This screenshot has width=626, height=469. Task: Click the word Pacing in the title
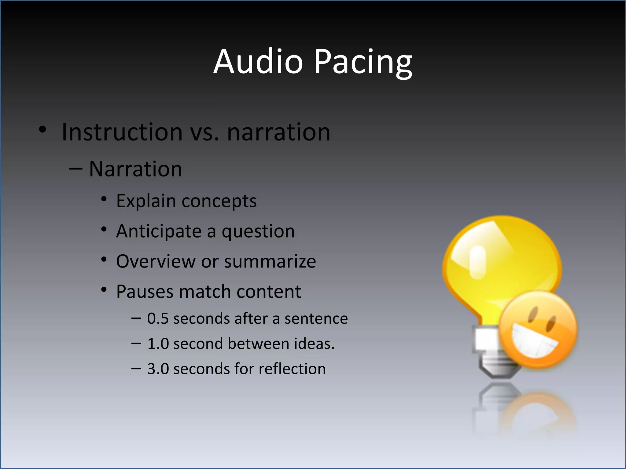[x=363, y=63]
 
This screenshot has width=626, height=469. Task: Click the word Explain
[x=146, y=201]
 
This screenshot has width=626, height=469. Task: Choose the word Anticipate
[x=159, y=231]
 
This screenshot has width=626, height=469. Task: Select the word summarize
[x=270, y=262]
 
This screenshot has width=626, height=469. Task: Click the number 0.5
[x=158, y=318]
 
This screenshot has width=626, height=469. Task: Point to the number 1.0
[x=158, y=344]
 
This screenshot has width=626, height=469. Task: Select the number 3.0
[x=158, y=369]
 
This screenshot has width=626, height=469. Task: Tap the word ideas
[x=314, y=344]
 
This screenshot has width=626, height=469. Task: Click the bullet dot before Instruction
[x=42, y=129]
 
